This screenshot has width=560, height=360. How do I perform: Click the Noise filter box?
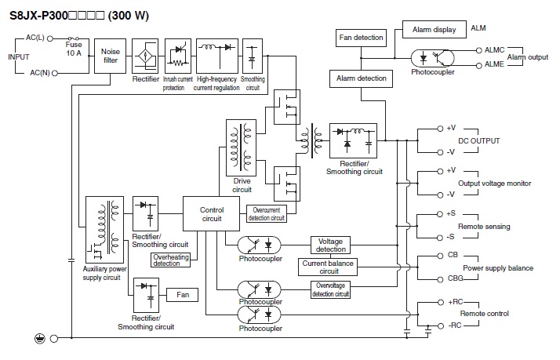(110, 56)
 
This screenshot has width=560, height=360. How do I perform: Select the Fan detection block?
(361, 38)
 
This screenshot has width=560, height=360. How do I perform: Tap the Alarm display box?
(435, 29)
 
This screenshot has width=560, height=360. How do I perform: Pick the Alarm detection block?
(361, 78)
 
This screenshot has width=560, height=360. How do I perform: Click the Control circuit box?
(212, 213)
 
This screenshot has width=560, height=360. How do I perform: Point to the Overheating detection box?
(171, 260)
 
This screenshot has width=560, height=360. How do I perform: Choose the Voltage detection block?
(330, 245)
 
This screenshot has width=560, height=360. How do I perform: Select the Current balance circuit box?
(328, 267)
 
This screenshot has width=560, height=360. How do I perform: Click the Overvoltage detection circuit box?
(330, 289)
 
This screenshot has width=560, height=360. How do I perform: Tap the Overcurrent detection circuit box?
(267, 213)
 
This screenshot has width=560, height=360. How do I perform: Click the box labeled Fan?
(183, 295)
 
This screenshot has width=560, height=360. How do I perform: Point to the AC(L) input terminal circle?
(50, 38)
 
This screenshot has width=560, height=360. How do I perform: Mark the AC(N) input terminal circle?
(55, 73)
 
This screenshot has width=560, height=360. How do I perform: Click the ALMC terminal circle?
(479, 50)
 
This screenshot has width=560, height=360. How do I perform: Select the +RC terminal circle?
(441, 303)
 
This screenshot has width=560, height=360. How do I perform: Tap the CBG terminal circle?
(440, 279)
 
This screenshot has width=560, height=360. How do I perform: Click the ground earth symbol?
(40, 338)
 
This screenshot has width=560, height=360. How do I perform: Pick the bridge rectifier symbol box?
(145, 56)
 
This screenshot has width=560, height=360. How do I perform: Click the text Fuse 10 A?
(74, 49)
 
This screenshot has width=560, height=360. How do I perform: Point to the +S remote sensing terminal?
(440, 214)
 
